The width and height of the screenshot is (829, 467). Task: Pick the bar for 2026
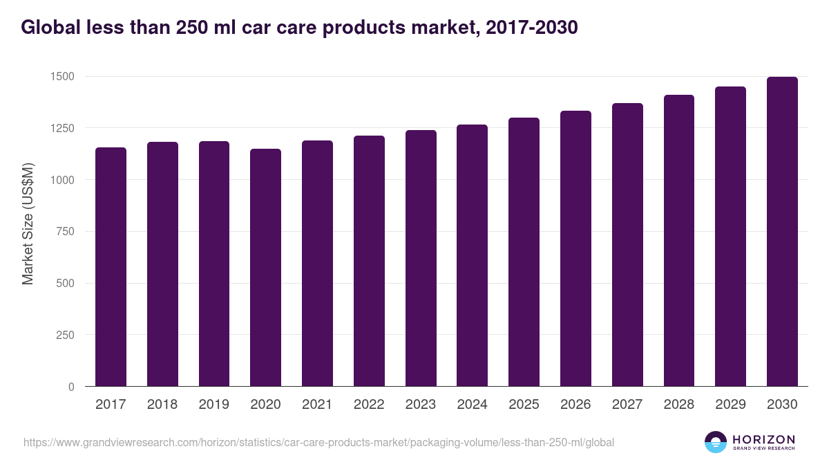tap(575, 248)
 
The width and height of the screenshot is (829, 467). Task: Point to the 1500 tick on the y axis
tap(61, 76)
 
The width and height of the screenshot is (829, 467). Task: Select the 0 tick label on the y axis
tap(71, 387)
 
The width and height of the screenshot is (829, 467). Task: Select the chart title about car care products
tap(299, 28)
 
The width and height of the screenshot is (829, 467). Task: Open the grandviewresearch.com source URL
tap(318, 442)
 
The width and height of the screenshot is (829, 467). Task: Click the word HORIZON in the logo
tap(763, 439)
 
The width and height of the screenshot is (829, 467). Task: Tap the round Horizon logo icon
tap(716, 442)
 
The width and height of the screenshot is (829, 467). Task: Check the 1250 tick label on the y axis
tap(61, 128)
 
